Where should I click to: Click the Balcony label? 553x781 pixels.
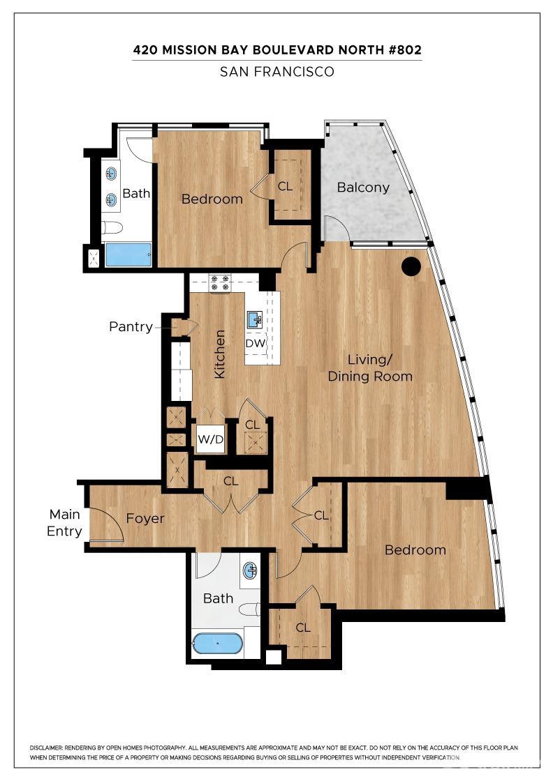[x=363, y=188]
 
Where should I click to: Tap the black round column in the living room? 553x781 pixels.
[x=411, y=266]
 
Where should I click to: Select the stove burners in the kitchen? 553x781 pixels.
[x=221, y=282]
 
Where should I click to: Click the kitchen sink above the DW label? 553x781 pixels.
[x=254, y=320]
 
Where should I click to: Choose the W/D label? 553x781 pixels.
[x=210, y=440]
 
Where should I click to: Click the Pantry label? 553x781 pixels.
[x=131, y=326]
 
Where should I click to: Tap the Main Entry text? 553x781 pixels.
[x=64, y=523]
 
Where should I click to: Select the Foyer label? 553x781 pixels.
[x=145, y=519]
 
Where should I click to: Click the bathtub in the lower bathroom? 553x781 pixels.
[x=218, y=643]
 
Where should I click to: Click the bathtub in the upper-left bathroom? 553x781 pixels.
[x=128, y=255]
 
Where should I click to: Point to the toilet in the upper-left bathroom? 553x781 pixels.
[x=112, y=227]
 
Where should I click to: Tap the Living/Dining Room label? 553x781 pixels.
[x=370, y=368]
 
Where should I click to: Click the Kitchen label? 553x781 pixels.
[x=219, y=354]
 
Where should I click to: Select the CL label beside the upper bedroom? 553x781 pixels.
[x=286, y=187]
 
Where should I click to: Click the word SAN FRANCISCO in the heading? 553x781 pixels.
[x=277, y=71]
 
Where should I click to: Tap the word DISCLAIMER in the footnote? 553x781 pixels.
[x=49, y=748]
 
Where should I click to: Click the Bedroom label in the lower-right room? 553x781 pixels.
[x=415, y=550]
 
